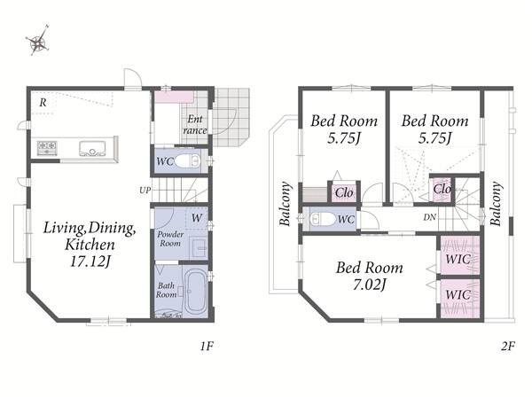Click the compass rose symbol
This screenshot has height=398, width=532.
[x=38, y=41]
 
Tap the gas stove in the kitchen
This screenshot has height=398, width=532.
[x=47, y=148]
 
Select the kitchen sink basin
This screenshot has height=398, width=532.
[x=91, y=149]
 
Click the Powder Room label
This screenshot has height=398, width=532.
[x=170, y=238]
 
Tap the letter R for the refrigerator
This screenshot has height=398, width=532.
[x=43, y=102]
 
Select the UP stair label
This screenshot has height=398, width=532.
[x=145, y=191]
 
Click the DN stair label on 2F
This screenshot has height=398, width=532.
[x=429, y=217]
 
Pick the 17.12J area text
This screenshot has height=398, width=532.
[x=90, y=261]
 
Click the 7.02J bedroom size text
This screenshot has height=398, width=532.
[x=370, y=285]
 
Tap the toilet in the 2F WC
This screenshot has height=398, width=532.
[x=323, y=219]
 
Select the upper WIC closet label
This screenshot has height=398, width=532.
[x=458, y=259]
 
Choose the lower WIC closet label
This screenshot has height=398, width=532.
[x=458, y=294]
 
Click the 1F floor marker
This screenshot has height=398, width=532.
[x=207, y=346]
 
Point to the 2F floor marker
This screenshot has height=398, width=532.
[x=508, y=346]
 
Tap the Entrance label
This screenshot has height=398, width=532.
[x=195, y=124]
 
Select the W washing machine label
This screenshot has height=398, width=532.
[x=197, y=218]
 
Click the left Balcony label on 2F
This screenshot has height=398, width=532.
[x=285, y=204]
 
